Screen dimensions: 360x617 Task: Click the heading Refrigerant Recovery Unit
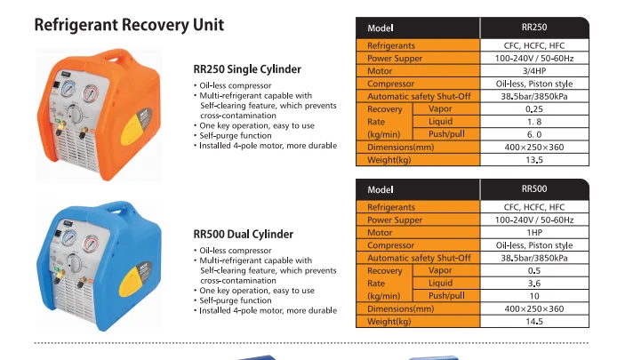click(x=129, y=25)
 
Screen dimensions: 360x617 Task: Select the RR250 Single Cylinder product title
click(x=247, y=69)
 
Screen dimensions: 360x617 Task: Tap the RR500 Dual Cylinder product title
click(x=244, y=235)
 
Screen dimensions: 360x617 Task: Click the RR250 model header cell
click(x=534, y=28)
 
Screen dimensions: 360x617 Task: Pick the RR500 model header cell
click(x=534, y=189)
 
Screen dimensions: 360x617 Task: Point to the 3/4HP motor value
click(x=534, y=71)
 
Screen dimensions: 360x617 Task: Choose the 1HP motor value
click(x=534, y=232)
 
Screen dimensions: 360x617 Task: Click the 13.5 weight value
click(x=534, y=160)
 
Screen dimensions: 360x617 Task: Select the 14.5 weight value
click(x=534, y=321)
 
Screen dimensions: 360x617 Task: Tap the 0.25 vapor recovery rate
click(x=534, y=109)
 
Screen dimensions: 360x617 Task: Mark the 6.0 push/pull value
click(x=534, y=134)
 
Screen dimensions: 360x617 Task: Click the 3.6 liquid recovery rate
click(x=534, y=283)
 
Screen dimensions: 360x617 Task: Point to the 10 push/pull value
click(x=534, y=295)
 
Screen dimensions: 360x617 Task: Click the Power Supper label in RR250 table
click(x=396, y=58)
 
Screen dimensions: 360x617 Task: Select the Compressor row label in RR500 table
click(x=391, y=245)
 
